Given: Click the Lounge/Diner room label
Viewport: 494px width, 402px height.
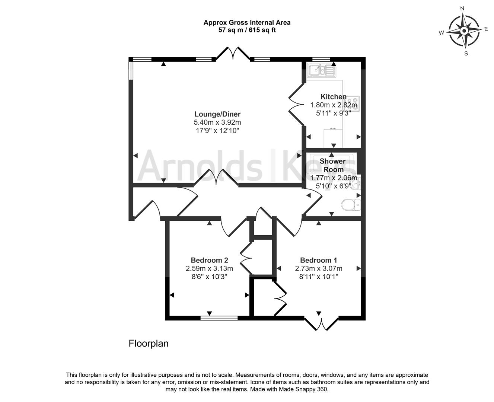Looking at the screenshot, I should pyautogui.click(x=217, y=114).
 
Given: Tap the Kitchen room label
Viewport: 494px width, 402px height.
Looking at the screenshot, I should pyautogui.click(x=333, y=97).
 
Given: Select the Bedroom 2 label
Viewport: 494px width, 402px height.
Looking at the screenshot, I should pyautogui.click(x=209, y=260).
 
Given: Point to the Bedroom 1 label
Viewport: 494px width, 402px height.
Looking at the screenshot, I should pyautogui.click(x=319, y=260).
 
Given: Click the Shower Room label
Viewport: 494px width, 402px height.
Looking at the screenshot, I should pyautogui.click(x=333, y=165).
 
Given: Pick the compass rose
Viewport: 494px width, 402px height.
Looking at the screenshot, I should pyautogui.click(x=465, y=31).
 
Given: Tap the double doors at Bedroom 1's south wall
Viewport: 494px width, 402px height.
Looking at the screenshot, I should pyautogui.click(x=321, y=323).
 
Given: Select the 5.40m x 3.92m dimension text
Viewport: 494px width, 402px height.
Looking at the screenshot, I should pyautogui.click(x=217, y=122).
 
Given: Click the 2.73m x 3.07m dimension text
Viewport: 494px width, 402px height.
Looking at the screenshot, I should pyautogui.click(x=319, y=268).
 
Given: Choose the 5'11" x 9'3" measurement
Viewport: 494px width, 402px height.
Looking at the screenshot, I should pyautogui.click(x=333, y=113).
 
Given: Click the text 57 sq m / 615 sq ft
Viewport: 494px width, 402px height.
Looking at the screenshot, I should pyautogui.click(x=247, y=30).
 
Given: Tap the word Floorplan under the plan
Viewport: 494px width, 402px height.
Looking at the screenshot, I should pyautogui.click(x=149, y=343).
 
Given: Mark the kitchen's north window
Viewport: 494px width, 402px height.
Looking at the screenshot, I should pyautogui.click(x=321, y=59).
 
